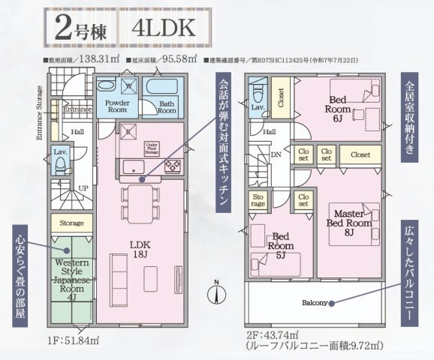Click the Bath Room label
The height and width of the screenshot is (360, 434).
point(167,106)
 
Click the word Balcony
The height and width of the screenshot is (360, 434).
point(315,303)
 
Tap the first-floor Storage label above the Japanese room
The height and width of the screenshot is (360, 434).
point(72,222)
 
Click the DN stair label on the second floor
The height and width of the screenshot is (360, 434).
point(276,154)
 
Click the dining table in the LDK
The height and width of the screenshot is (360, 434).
point(141,196)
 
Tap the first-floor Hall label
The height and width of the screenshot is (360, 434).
point(78,132)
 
